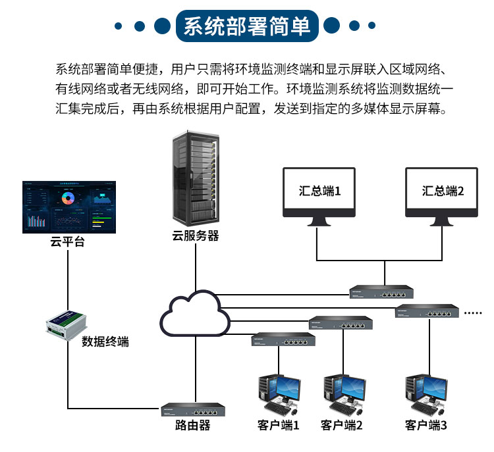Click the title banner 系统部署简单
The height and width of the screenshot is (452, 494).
(x=246, y=26)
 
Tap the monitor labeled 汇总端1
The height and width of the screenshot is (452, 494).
(x=319, y=192)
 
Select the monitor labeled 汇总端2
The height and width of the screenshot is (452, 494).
(x=443, y=192)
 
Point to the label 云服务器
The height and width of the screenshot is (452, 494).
(x=196, y=236)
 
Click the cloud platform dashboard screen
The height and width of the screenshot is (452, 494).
(x=69, y=207)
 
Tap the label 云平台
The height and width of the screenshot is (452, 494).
(x=67, y=242)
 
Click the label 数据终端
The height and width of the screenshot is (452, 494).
(x=105, y=341)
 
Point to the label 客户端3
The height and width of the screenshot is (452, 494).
(x=426, y=426)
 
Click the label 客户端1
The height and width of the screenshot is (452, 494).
(x=279, y=426)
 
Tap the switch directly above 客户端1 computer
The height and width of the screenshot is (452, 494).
(x=283, y=339)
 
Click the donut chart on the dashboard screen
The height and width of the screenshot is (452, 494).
(x=69, y=197)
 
